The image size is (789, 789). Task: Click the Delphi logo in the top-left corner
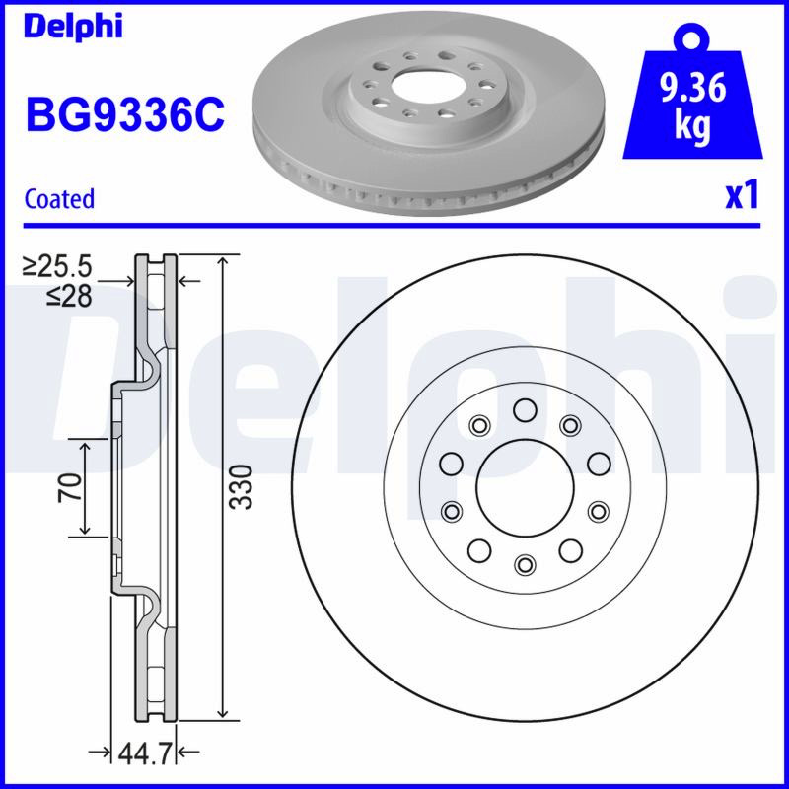coord(73,27)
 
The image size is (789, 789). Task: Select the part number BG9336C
coord(125,115)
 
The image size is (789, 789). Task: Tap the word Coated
coord(59,199)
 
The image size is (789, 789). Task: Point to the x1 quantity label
coord(742,196)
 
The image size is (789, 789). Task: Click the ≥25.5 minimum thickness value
coord(57,266)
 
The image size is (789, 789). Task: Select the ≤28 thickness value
coord(69,296)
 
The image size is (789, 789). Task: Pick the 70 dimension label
coord(70,487)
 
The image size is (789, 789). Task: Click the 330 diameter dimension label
coord(241,486)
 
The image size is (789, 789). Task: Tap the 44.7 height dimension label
coord(145,753)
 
